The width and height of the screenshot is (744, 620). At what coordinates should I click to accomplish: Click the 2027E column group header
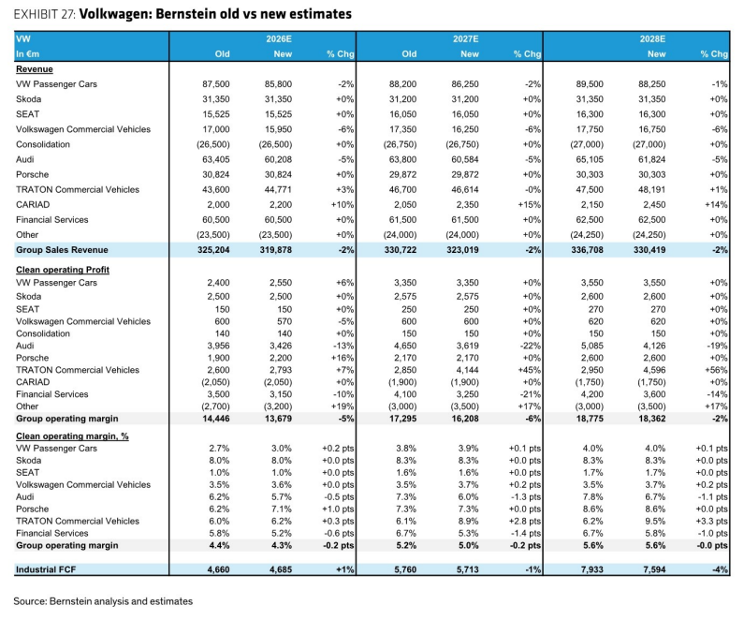tap(465, 39)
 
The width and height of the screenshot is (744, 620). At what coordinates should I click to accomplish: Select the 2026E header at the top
tap(279, 39)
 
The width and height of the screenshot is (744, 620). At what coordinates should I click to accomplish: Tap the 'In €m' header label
tap(27, 54)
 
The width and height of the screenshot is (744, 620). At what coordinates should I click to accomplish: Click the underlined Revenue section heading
tap(35, 69)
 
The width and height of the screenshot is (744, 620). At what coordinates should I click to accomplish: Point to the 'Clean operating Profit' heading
tap(63, 270)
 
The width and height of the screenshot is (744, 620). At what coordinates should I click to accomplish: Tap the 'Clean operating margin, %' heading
tap(72, 436)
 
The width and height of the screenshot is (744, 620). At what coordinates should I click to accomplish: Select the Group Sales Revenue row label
tap(62, 250)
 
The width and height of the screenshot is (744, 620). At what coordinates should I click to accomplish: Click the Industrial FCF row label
tap(46, 569)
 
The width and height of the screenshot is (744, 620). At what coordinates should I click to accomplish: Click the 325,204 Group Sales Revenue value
tap(213, 250)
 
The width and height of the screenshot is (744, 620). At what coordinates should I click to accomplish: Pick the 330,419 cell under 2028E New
tap(649, 250)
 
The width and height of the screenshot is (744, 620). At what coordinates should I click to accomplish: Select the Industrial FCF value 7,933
tap(591, 569)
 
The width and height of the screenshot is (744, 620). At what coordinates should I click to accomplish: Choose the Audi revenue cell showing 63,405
tap(216, 159)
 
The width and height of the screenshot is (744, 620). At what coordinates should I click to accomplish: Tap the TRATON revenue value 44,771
tap(278, 189)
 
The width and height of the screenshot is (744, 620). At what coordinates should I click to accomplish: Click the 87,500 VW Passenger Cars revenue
tap(216, 84)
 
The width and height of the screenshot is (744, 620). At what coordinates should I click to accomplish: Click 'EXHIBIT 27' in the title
tap(45, 14)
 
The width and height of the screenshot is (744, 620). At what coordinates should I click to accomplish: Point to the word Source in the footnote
tap(30, 601)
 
